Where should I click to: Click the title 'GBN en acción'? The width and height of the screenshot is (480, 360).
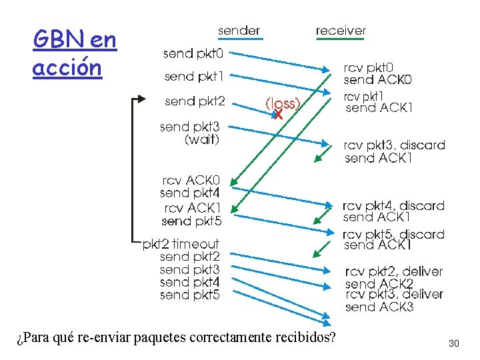75,53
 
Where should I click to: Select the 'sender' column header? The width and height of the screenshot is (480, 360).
239,31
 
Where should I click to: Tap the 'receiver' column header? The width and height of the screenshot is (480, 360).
340,31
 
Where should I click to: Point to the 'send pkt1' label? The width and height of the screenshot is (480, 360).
194,76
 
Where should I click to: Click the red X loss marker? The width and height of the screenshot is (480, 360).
278,115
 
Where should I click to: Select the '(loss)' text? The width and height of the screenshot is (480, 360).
283,103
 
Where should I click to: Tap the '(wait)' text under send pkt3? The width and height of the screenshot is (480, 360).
201,139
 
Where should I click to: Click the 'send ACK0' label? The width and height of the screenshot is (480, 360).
377,80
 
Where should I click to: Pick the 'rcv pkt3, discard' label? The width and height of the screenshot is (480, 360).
394,145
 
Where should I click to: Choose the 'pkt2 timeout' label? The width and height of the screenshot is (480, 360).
181,244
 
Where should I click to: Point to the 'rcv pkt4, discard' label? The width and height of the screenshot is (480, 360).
393,206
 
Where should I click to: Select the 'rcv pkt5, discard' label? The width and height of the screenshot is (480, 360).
393,234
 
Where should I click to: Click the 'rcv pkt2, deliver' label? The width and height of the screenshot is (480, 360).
393,271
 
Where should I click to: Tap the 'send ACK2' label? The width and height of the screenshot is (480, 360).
379,284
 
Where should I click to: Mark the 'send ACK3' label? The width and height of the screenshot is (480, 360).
379,307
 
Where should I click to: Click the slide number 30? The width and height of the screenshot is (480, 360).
454,343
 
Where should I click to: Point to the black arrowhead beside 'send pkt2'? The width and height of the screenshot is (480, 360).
141,99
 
